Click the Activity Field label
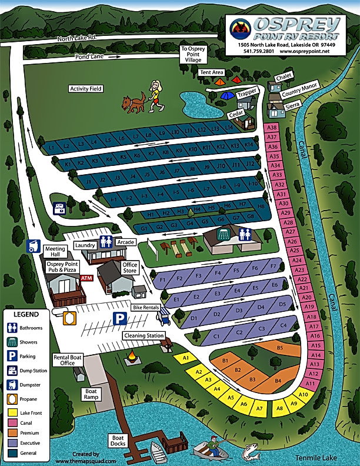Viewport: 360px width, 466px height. click(86, 89)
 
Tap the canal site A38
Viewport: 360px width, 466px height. click(272, 127)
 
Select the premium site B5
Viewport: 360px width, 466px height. click(280, 348)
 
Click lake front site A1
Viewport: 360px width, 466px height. click(186, 357)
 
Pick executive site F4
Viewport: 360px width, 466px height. click(217, 272)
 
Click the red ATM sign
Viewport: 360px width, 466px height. click(87, 278)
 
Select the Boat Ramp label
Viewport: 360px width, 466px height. click(90, 394)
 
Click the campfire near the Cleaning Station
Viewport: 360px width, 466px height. click(133, 356)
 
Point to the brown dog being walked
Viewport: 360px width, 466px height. click(133, 104)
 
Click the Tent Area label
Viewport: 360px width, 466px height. click(212, 72)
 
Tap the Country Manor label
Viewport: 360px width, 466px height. click(299, 92)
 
